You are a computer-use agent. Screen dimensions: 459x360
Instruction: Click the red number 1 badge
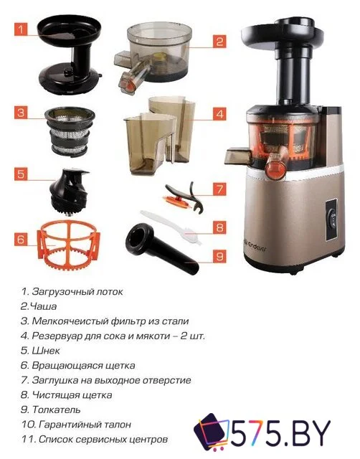click(x=22, y=30)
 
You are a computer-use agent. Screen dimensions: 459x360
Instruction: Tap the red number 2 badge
click(x=220, y=42)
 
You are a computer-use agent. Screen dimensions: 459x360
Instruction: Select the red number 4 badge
click(x=220, y=113)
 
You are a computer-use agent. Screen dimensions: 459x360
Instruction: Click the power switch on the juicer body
click(x=332, y=211)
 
